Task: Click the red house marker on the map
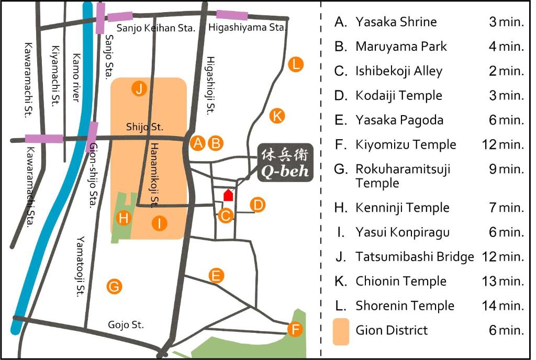[228, 195]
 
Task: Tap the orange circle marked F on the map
[296, 330]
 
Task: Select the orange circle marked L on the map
[296, 65]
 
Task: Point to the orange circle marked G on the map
[114, 286]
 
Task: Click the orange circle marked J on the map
[139, 89]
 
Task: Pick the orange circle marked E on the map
[216, 275]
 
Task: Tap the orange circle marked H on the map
[124, 217]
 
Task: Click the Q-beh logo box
[285, 163]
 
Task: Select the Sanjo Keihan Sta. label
[155, 28]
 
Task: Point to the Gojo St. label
[126, 325]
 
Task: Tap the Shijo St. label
[145, 127]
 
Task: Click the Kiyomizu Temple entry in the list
[406, 144]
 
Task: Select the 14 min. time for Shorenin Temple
[503, 306]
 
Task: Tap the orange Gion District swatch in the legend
[341, 331]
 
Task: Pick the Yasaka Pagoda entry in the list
[399, 120]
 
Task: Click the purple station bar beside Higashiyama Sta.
[232, 15]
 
